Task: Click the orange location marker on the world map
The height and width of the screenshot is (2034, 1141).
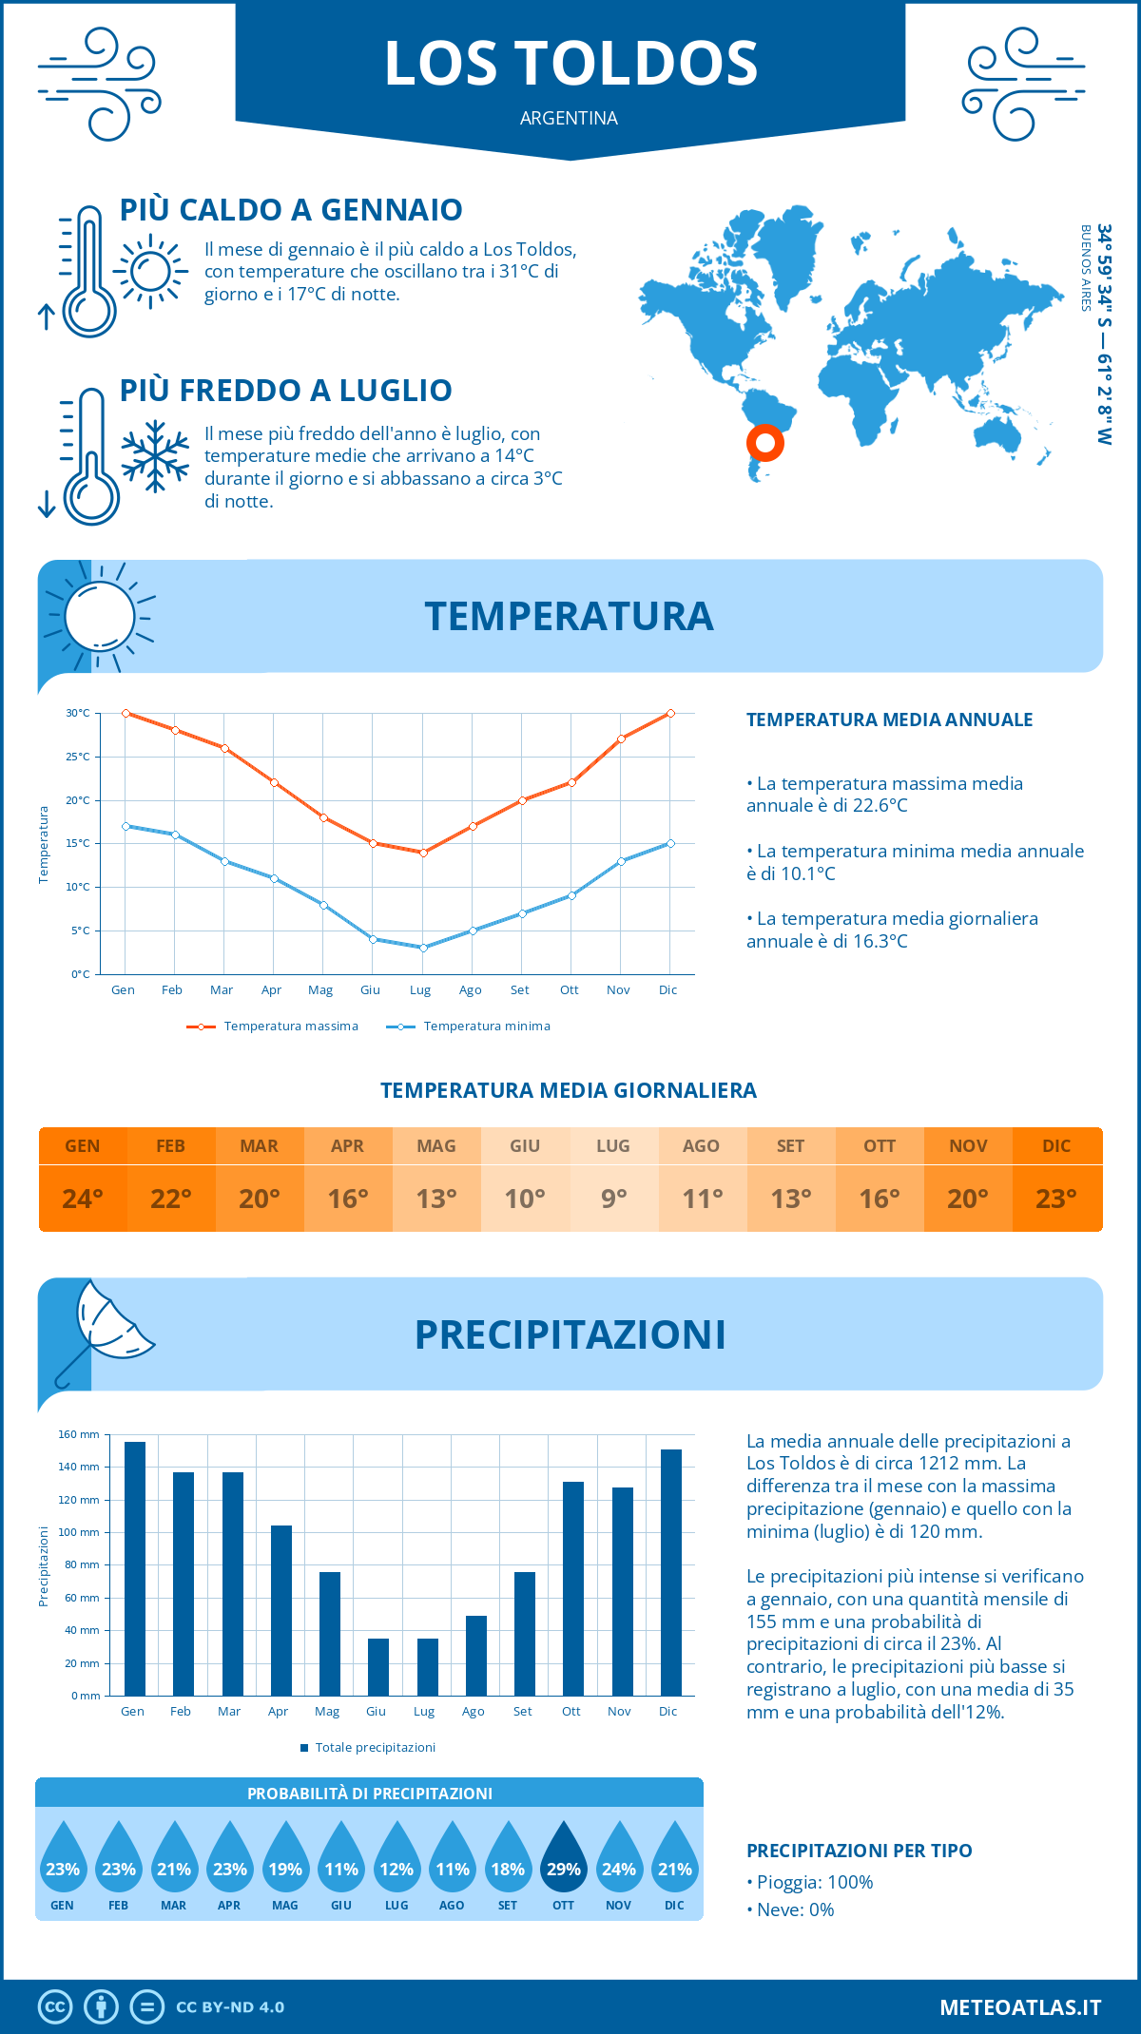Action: tap(764, 442)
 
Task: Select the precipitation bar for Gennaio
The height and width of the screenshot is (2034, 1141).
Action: tap(135, 1568)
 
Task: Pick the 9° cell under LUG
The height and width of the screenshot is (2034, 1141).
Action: tap(613, 1199)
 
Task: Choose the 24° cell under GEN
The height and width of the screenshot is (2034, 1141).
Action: tap(83, 1199)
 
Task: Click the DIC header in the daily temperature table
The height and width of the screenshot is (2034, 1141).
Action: tap(1056, 1146)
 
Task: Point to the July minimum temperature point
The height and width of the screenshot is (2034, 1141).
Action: tap(423, 948)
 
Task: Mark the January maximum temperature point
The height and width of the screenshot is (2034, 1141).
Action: tap(126, 713)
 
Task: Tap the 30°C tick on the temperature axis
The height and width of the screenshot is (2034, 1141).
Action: tap(78, 713)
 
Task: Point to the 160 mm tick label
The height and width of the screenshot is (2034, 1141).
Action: tap(79, 1434)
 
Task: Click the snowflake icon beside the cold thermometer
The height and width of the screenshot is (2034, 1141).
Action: tap(155, 456)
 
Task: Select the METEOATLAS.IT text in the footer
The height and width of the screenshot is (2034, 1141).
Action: tap(1020, 2007)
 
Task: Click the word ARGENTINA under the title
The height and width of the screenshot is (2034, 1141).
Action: tap(569, 118)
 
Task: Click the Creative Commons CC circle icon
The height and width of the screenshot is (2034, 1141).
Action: tap(55, 2007)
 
